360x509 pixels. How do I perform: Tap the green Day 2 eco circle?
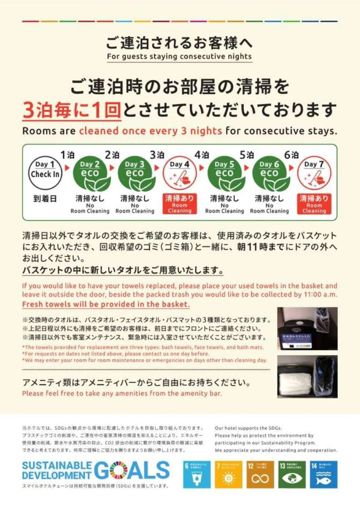pos(90,173)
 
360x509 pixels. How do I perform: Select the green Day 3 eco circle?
pos(135,173)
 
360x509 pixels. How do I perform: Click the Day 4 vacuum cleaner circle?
pos(179,173)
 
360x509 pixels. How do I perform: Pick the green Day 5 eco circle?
pos(224,173)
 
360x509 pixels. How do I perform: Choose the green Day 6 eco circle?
pos(269,173)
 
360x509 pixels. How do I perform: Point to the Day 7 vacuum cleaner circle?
pos(314,173)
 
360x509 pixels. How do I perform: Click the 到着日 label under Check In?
pos(45,198)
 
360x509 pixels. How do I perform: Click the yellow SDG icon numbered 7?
pos(228,475)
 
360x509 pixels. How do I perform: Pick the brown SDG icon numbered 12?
pos(260,475)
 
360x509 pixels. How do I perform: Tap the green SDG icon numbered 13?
pos(291,475)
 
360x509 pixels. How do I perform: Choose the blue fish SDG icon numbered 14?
pos(323,475)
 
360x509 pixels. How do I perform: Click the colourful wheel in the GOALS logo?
pos(119,470)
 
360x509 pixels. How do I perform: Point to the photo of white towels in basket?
pos(307,377)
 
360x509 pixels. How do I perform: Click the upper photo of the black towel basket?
pos(307,329)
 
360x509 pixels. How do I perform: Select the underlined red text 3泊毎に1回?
pos(72,110)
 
